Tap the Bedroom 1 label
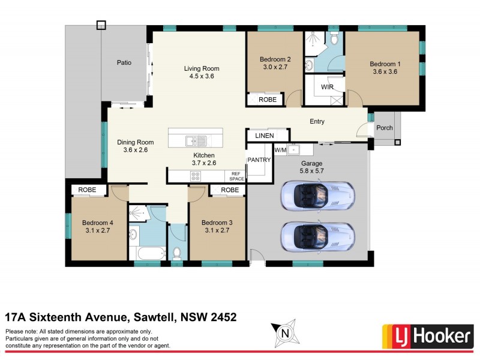click(383, 64)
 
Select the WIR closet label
click(327, 87)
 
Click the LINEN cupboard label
click(264, 136)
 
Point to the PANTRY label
click(259, 160)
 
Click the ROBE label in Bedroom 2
click(268, 100)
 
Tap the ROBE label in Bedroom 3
click(229, 190)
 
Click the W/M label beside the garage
click(280, 149)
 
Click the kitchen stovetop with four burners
click(196, 176)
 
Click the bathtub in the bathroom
click(146, 253)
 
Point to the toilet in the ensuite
click(335, 39)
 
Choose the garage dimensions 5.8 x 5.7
click(311, 171)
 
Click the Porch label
click(384, 128)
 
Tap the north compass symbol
click(286, 332)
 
